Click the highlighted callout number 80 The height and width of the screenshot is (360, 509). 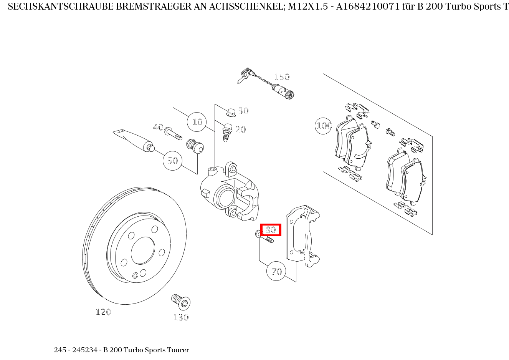[271, 230]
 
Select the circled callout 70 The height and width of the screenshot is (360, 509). [277, 271]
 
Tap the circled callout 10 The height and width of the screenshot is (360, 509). [197, 122]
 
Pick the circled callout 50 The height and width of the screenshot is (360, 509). [173, 160]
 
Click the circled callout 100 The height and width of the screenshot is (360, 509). [324, 125]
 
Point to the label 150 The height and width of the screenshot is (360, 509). [281, 77]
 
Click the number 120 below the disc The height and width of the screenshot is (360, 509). [103, 312]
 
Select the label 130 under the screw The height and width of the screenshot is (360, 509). [181, 317]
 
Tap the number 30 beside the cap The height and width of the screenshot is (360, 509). [243, 111]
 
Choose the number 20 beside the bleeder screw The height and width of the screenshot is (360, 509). [241, 129]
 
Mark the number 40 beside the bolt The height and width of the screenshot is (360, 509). [158, 127]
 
